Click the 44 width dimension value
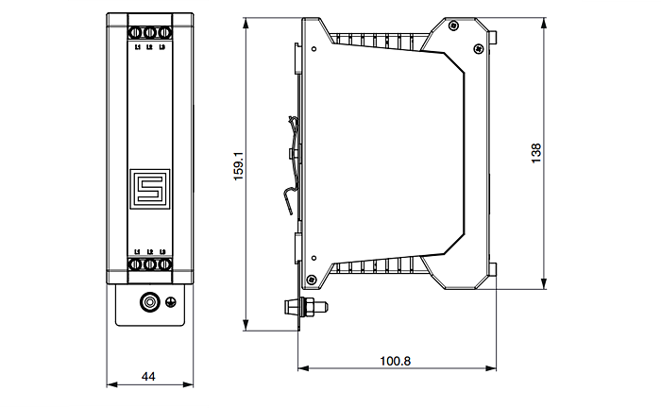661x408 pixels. (x=148, y=376)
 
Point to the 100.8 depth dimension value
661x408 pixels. (x=396, y=361)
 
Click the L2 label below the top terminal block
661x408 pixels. (x=149, y=46)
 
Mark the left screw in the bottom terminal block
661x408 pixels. (x=137, y=266)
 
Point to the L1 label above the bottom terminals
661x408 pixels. (x=137, y=251)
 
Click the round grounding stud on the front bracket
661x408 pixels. (x=148, y=303)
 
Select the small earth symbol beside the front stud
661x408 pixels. (x=171, y=303)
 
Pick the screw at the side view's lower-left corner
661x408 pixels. (x=313, y=277)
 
